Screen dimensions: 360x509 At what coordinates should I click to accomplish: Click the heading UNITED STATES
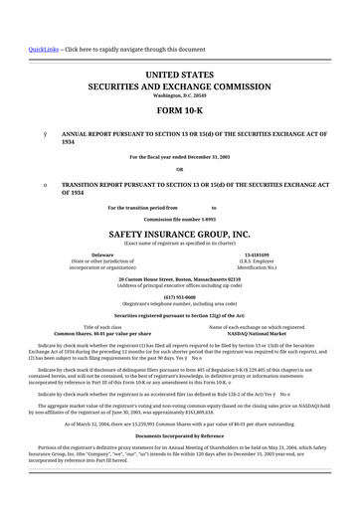click(x=179, y=76)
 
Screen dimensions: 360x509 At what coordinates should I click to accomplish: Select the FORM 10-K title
click(x=179, y=110)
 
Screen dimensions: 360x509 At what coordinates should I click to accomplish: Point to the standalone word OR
click(x=179, y=168)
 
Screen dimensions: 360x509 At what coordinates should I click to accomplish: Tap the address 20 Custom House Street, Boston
click(x=179, y=280)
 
